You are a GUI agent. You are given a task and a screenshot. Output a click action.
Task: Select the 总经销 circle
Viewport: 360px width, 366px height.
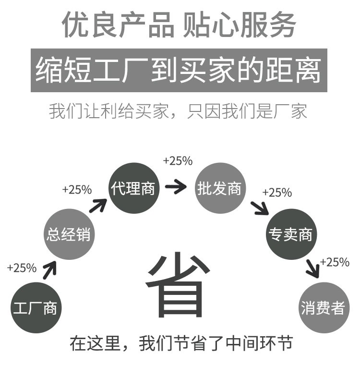click(68, 234)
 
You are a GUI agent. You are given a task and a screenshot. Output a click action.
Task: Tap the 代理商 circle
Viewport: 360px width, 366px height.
click(132, 188)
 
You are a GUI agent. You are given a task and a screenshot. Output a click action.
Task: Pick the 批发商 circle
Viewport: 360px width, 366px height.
click(219, 188)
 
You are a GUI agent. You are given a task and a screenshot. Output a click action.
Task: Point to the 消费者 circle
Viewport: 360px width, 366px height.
click(323, 307)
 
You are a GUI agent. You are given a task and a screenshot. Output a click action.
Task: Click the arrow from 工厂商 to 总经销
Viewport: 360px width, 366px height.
click(49, 270)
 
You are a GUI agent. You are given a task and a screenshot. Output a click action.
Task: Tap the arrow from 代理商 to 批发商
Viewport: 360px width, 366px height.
click(176, 187)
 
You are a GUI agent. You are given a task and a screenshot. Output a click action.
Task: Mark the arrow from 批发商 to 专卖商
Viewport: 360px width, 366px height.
click(260, 207)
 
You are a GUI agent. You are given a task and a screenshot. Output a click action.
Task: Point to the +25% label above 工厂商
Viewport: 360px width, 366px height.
click(22, 268)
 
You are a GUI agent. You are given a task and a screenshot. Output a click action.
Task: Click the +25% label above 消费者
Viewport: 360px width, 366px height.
click(335, 262)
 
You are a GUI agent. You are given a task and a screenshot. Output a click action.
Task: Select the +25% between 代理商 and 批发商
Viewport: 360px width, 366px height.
click(178, 161)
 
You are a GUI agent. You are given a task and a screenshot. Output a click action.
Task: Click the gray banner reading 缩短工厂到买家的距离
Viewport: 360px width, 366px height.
click(179, 70)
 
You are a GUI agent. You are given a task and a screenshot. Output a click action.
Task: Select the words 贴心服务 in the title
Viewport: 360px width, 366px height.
click(240, 25)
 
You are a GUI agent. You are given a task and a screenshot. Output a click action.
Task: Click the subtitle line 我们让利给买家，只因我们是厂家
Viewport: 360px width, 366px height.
click(179, 111)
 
